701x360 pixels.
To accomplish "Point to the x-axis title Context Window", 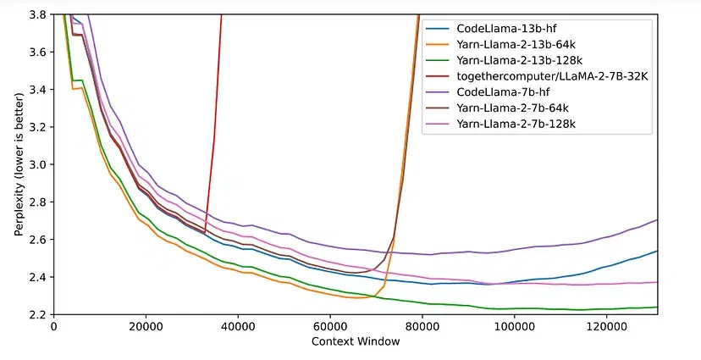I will pos(356,341).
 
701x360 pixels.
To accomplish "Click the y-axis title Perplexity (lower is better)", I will pos(19,164).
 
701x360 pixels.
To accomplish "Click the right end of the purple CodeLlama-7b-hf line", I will pos(658,220).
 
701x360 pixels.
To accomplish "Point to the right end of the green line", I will pos(658,307).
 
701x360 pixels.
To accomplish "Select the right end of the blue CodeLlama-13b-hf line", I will pos(658,251).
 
